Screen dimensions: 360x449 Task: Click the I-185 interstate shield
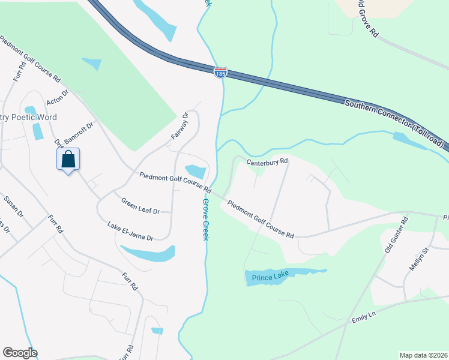tap(220, 73)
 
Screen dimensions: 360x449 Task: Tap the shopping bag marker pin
tap(68, 160)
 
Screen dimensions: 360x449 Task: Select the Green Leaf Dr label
tap(140, 206)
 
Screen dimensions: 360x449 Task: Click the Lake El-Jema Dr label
tap(130, 231)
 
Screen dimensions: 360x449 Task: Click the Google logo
tap(20, 353)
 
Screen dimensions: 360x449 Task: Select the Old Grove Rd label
tap(367, 18)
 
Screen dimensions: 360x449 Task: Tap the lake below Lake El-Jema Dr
tap(149, 254)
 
